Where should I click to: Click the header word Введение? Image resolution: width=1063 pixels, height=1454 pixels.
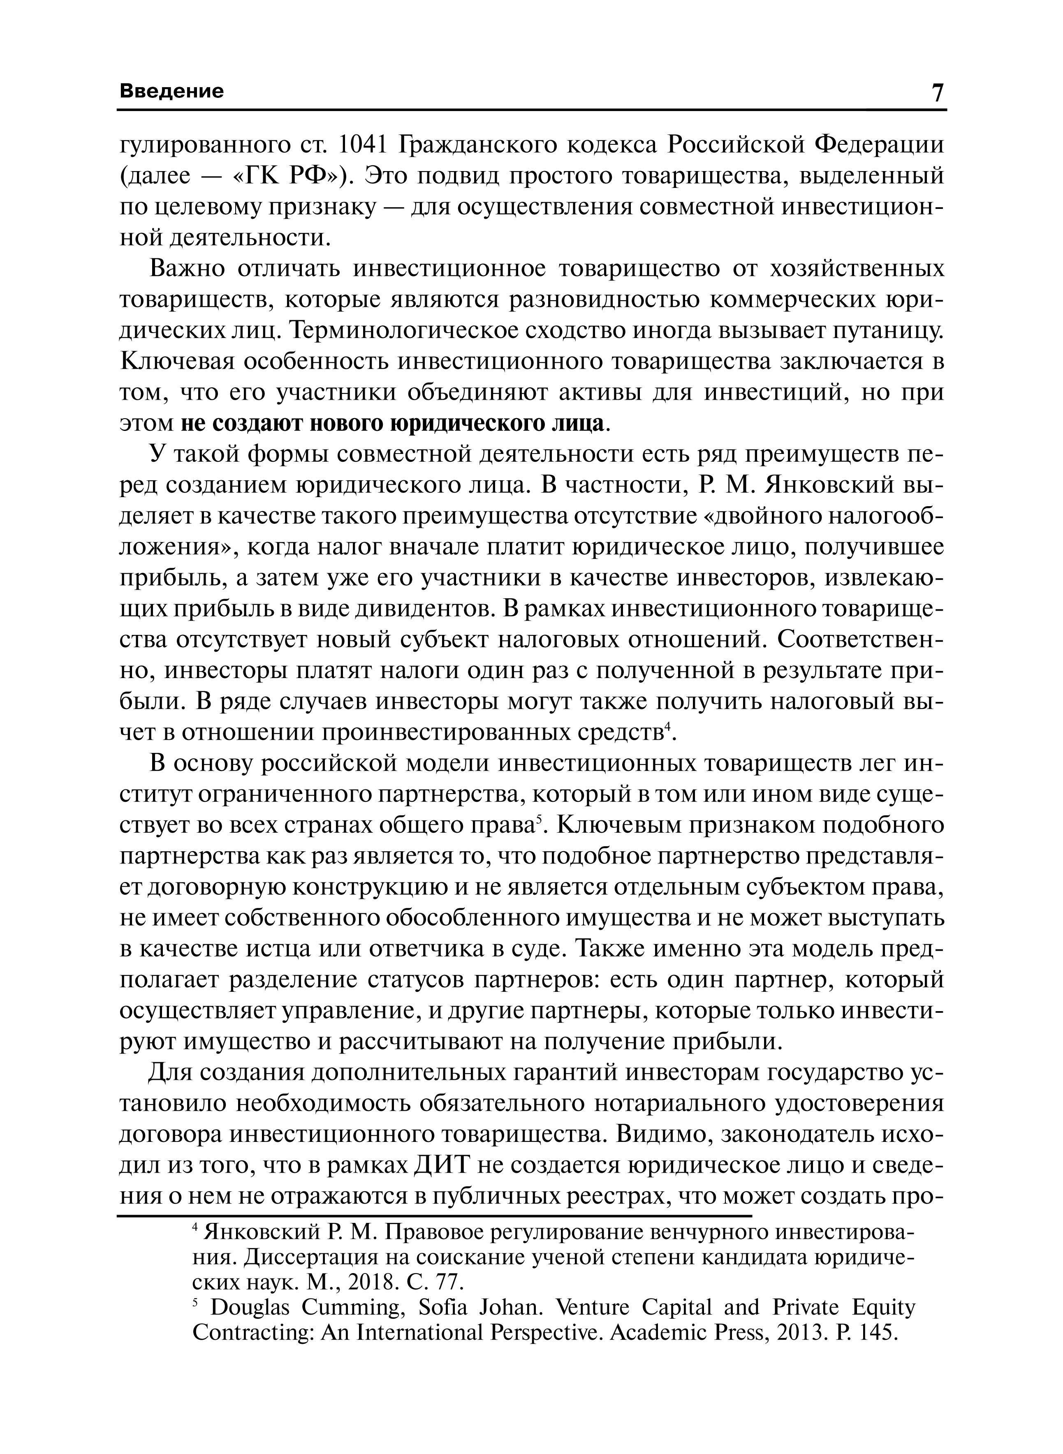172,91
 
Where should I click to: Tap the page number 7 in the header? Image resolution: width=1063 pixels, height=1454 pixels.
937,93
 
